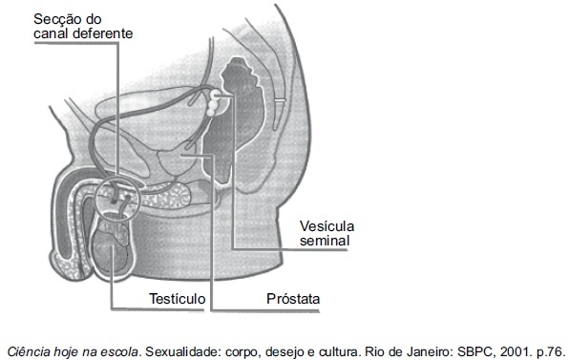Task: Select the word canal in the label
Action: tap(52, 33)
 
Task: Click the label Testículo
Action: tap(178, 299)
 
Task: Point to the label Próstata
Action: tap(293, 299)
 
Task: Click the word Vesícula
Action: tap(327, 226)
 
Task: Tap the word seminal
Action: tap(325, 241)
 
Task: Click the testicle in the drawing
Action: tap(111, 247)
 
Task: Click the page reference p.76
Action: tap(551, 351)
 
